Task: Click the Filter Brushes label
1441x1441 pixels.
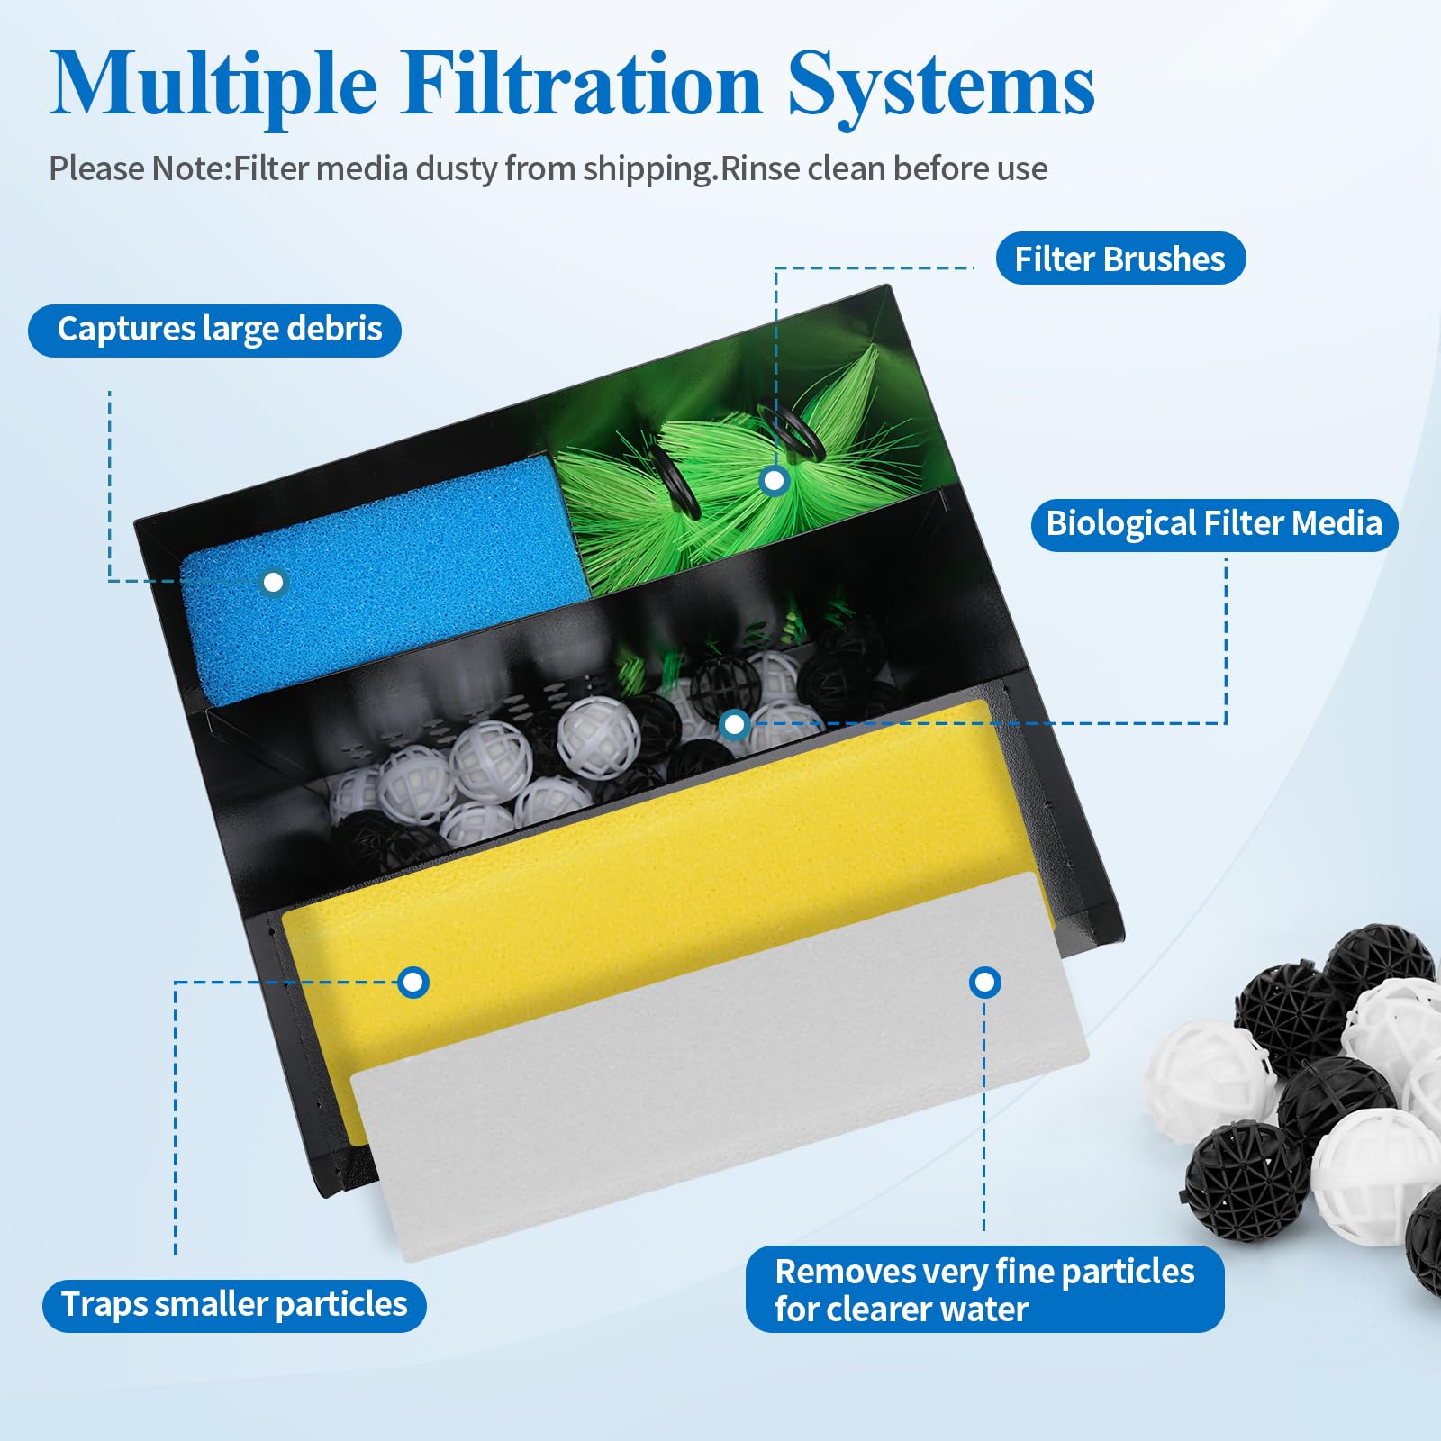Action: point(1120,259)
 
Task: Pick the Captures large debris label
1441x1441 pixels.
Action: point(215,331)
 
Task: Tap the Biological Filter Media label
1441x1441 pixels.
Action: point(1214,524)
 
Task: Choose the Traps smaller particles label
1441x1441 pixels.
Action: point(234,1305)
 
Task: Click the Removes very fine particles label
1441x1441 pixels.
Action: point(985,1289)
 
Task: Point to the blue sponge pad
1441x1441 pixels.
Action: point(387,576)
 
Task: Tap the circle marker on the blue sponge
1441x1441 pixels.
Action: point(274,583)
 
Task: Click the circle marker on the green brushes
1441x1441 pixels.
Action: point(774,481)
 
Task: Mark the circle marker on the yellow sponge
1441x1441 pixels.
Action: point(413,982)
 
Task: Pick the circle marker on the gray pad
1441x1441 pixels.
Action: point(984,982)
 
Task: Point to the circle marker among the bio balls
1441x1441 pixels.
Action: point(735,723)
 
